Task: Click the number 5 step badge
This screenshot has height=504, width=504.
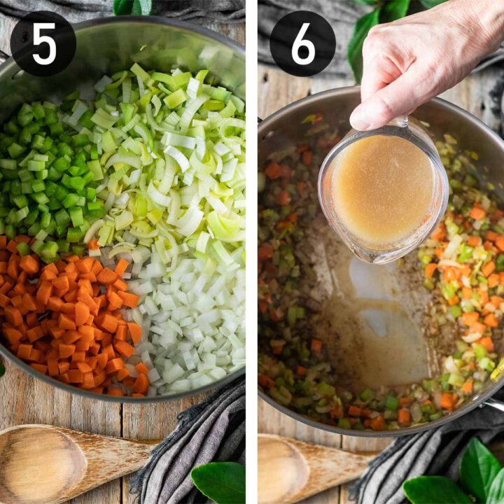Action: tap(43, 43)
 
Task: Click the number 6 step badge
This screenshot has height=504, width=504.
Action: tap(302, 43)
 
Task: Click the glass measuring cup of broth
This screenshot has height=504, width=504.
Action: tap(383, 192)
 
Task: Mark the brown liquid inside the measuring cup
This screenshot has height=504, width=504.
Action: tap(383, 189)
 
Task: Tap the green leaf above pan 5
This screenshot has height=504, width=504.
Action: tap(133, 7)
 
